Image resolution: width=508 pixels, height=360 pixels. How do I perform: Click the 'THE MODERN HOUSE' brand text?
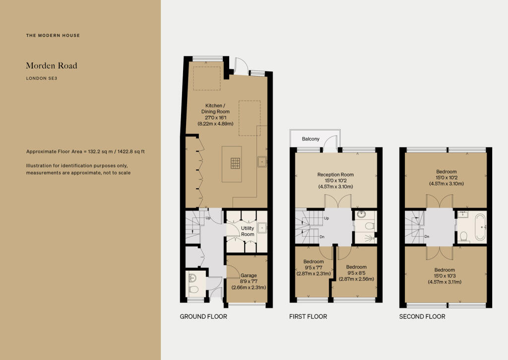click(53, 36)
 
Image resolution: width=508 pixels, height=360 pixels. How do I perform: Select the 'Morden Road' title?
click(52, 66)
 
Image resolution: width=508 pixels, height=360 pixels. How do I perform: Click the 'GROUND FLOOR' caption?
click(203, 316)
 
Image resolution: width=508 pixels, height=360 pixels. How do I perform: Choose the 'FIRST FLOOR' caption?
click(308, 316)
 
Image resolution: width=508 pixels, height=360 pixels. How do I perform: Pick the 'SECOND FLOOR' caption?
click(422, 316)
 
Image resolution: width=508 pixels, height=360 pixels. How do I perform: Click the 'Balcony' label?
click(311, 139)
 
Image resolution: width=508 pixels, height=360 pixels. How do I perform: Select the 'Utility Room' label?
click(248, 231)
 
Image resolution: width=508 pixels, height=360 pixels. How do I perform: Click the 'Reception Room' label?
click(335, 174)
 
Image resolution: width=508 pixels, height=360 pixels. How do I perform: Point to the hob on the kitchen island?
click(235, 162)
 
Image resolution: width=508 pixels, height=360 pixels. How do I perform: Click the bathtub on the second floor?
click(480, 227)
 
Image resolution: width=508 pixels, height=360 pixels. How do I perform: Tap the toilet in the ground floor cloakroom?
click(194, 289)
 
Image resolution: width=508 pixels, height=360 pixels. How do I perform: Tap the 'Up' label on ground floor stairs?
click(208, 217)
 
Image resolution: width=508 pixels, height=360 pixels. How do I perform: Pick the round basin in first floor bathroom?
click(361, 215)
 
